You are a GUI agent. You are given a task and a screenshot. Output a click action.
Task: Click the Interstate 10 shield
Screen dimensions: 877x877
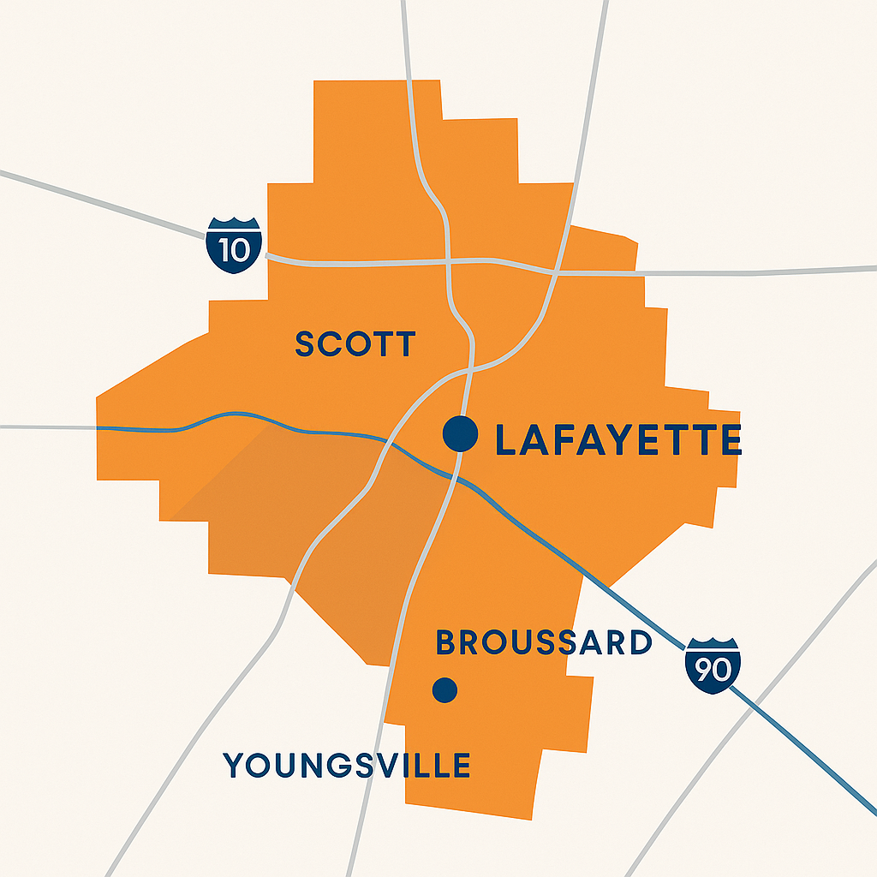[x=234, y=246]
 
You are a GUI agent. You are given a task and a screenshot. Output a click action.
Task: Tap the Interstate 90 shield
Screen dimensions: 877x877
[x=713, y=665]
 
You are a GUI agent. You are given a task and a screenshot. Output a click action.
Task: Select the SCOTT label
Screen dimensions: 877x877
[x=355, y=344]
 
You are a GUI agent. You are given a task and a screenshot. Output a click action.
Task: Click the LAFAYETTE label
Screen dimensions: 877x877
[x=618, y=440]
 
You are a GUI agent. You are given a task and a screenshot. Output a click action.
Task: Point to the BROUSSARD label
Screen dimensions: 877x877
[x=544, y=642]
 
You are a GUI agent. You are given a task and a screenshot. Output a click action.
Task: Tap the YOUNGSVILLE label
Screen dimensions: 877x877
[x=347, y=765]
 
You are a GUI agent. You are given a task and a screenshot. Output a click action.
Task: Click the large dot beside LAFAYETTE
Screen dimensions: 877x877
[x=461, y=433]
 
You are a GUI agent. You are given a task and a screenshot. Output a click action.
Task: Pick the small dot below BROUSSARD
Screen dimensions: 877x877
[x=444, y=689]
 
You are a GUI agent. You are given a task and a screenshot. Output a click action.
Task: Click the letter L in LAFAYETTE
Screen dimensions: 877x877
[x=507, y=440]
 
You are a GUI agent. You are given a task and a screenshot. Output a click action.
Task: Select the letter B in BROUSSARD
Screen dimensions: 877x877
[x=447, y=642]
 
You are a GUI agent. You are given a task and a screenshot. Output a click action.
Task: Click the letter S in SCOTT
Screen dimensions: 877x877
[x=305, y=344]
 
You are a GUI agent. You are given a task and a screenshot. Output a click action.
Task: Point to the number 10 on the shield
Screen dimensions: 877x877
[x=234, y=249]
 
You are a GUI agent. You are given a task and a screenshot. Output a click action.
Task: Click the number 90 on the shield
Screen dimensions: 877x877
[x=713, y=669]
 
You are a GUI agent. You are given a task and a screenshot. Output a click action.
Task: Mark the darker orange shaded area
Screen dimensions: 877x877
[x=343, y=531]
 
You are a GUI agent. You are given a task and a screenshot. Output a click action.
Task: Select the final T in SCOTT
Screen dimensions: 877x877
[x=405, y=344]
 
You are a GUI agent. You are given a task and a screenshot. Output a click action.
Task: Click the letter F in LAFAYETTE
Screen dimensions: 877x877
[x=565, y=440]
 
